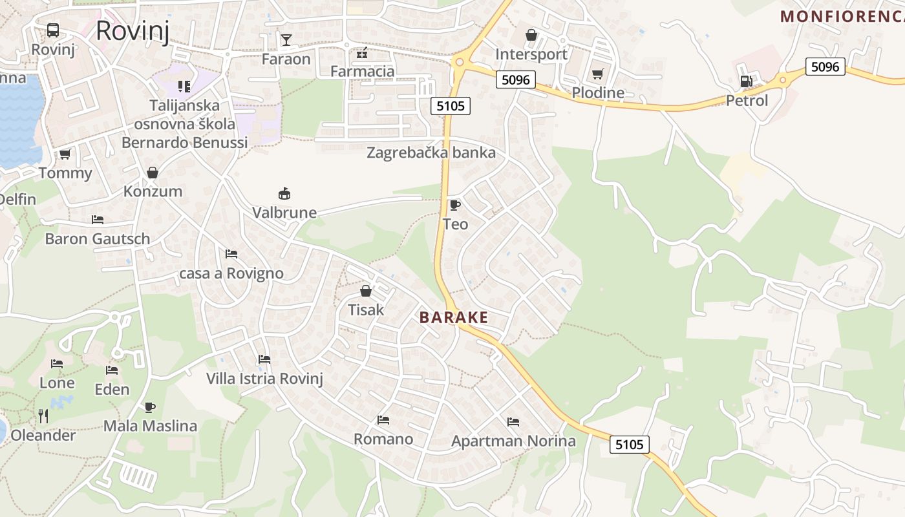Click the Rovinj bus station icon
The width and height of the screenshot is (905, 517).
(53, 30)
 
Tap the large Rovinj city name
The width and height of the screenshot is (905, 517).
(133, 30)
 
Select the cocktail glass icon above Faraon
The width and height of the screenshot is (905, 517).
(286, 40)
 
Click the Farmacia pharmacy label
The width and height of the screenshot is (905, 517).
(362, 71)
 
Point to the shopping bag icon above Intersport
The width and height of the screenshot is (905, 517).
(531, 35)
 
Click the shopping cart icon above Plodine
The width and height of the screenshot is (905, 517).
(597, 74)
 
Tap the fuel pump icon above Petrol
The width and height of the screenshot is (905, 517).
(747, 81)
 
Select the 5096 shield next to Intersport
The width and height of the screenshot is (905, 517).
(516, 79)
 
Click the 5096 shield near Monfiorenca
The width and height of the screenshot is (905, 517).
(825, 67)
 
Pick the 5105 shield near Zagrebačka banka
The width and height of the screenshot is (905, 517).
(451, 106)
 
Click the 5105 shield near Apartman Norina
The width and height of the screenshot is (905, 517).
(630, 445)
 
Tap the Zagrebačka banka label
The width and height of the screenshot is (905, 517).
(431, 153)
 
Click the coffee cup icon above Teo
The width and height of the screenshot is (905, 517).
(454, 206)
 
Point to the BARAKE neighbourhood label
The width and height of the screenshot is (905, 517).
(454, 318)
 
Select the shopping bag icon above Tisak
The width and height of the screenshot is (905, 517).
(366, 291)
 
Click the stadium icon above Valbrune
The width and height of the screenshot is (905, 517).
(284, 193)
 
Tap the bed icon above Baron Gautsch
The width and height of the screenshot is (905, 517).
(98, 220)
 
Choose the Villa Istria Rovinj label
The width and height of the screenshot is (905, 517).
(264, 379)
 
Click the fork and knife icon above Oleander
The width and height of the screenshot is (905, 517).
(43, 416)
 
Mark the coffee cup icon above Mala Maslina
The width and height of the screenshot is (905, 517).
(150, 407)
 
